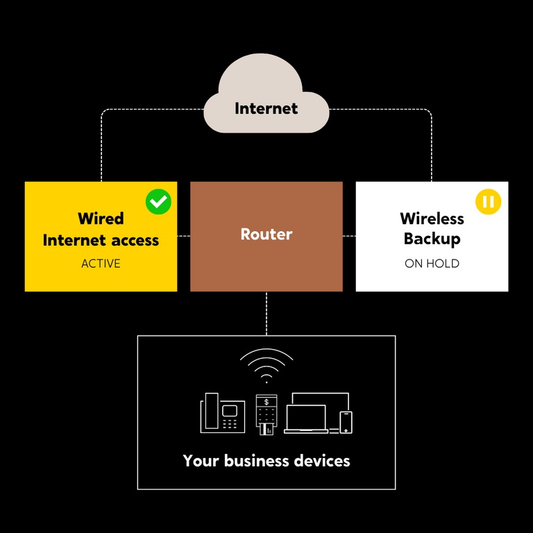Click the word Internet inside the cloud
coord(266,109)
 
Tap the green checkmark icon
coord(158,202)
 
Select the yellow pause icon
coord(488,201)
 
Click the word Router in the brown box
coord(266,235)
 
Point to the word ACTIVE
coord(101,264)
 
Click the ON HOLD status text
coord(432,264)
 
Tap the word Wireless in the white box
coord(432,219)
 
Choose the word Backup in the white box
coord(432,239)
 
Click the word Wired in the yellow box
coord(101,219)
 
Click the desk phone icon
coord(222,414)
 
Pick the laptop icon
coord(305,419)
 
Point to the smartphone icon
coord(346,422)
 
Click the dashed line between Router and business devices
coord(266,313)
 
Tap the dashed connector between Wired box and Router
coord(184,236)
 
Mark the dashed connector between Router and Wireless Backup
coord(349,236)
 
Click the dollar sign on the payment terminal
coord(266,402)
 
